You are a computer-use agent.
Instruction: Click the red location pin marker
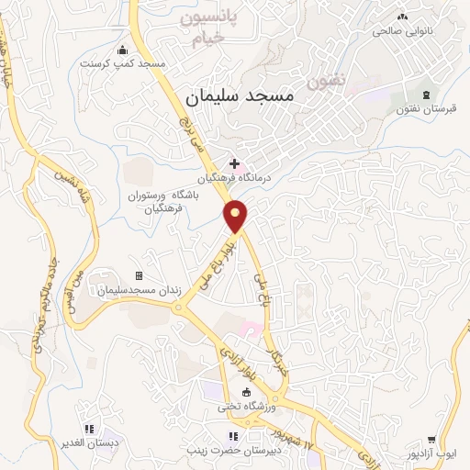(x=236, y=218)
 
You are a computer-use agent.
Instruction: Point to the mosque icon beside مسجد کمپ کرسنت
(x=123, y=50)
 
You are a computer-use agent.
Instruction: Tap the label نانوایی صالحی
(x=402, y=30)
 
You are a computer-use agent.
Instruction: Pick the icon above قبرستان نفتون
(x=425, y=95)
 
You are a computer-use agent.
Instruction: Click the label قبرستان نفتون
(x=426, y=109)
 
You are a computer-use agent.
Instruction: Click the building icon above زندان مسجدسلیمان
(x=140, y=275)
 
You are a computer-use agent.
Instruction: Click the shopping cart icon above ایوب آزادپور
(x=431, y=441)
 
